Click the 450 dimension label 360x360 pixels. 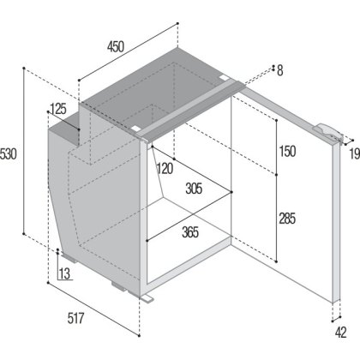[116, 46]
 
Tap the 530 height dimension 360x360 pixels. [9, 154]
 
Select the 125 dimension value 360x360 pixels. [58, 109]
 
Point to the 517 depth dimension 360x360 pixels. [76, 318]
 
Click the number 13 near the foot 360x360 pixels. [64, 273]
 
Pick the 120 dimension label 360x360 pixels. [165, 169]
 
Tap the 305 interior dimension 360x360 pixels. [194, 189]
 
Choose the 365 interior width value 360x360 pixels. [190, 232]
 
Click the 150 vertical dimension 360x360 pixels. [287, 152]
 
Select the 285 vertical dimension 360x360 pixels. [287, 219]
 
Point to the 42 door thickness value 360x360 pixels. [341, 333]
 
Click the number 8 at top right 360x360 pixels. [280, 70]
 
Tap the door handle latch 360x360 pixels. [327, 131]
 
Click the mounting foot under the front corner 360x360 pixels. [147, 298]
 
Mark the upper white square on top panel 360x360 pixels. [224, 77]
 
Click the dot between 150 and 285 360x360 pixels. [276, 175]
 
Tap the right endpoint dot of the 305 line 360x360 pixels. [231, 192]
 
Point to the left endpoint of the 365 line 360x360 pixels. [147, 241]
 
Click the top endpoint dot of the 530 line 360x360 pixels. [24, 69]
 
